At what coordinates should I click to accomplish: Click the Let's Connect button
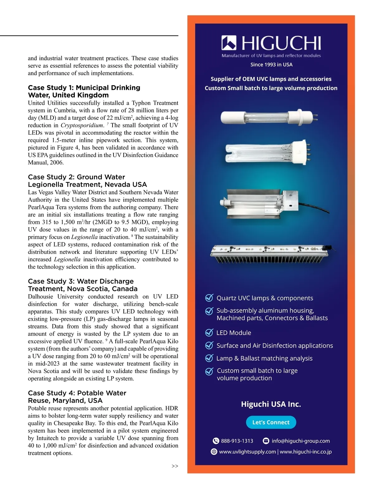click(271, 422)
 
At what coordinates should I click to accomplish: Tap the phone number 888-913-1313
click(237, 441)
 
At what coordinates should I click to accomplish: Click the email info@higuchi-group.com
click(300, 441)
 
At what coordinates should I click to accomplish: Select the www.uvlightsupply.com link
click(247, 452)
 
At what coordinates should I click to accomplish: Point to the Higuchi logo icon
click(229, 43)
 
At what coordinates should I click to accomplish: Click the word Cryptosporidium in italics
click(82, 125)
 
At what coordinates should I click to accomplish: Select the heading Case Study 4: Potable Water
click(77, 393)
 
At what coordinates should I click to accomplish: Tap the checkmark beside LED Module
click(209, 333)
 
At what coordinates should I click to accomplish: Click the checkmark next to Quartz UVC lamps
click(209, 298)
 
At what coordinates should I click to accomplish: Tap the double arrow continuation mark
click(175, 466)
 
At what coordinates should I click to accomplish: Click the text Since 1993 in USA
click(271, 65)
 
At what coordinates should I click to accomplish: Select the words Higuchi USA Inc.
click(271, 404)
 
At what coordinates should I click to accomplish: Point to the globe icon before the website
click(214, 452)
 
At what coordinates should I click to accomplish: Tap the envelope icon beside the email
click(266, 441)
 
